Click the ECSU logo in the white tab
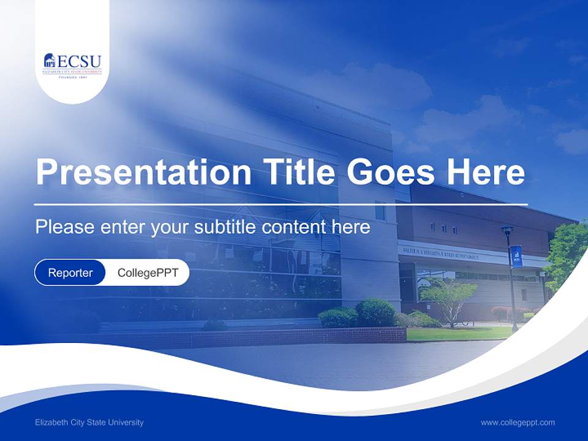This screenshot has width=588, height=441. (x=72, y=64)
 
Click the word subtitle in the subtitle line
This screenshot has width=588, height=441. (x=225, y=227)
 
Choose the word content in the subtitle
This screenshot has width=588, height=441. (x=294, y=227)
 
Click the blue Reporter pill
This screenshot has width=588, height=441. (x=70, y=273)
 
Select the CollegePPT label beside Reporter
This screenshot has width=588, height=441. (x=148, y=273)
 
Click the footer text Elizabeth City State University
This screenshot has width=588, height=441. (x=89, y=423)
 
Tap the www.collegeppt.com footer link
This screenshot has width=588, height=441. (x=518, y=423)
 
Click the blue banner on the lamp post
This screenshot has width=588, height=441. (x=516, y=257)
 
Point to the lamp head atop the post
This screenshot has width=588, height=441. (x=507, y=230)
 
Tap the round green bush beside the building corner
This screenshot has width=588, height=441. (x=375, y=313)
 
